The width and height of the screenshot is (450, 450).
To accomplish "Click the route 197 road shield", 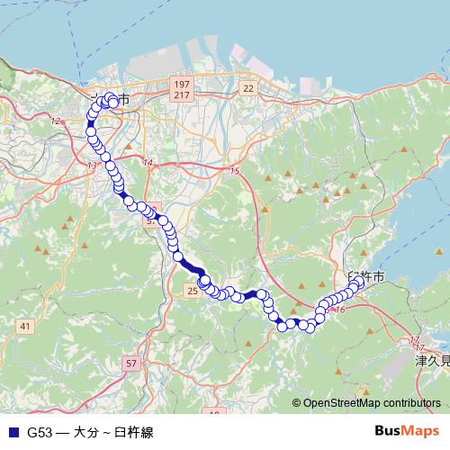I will pyautogui.click(x=183, y=83).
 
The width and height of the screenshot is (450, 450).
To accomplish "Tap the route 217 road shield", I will pyautogui.click(x=183, y=94).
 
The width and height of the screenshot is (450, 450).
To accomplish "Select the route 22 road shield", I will pyautogui.click(x=248, y=87).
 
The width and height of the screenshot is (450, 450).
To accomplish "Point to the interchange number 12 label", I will pyautogui.click(x=56, y=121).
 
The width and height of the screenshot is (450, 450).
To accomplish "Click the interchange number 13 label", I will pyautogui.click(x=92, y=166).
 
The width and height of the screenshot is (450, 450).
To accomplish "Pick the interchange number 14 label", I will pyautogui.click(x=148, y=163).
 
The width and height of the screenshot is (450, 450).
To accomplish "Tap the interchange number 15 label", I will pyautogui.click(x=235, y=171).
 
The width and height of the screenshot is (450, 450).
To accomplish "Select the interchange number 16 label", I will pyautogui.click(x=339, y=310).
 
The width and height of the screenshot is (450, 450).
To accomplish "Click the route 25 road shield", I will pyautogui.click(x=193, y=291).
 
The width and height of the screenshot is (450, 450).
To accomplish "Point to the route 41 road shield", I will pyautogui.click(x=24, y=326).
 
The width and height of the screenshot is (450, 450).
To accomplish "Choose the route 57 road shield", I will pyautogui.click(x=132, y=363).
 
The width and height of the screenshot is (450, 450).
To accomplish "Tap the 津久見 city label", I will pyautogui.click(x=431, y=360).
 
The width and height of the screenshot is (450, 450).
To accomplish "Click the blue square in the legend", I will pyautogui.click(x=12, y=432).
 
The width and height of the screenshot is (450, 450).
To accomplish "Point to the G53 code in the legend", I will pyautogui.click(x=39, y=432).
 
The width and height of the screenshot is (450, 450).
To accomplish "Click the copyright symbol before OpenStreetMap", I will pyautogui.click(x=296, y=404).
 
